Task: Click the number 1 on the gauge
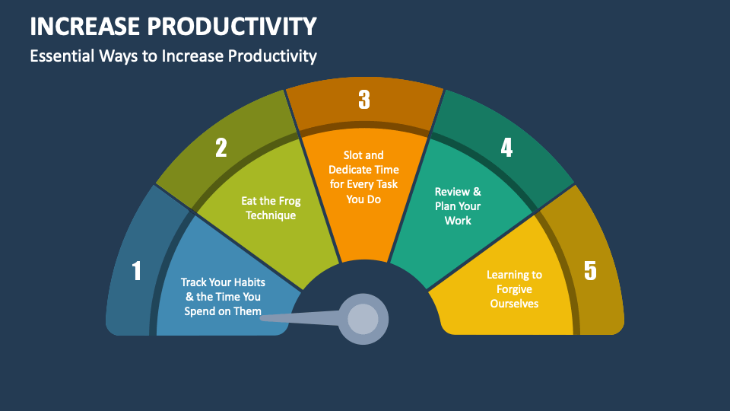[137, 271]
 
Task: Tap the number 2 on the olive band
[221, 147]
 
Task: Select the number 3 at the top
[364, 100]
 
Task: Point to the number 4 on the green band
[506, 147]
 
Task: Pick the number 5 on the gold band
[591, 271]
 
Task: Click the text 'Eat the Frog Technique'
[271, 208]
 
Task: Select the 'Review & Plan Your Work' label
[458, 205]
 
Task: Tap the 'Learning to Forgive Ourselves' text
[515, 289]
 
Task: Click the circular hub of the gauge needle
[363, 318]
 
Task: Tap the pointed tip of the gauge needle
[263, 317]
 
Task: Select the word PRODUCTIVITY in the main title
[242, 27]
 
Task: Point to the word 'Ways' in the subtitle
[116, 56]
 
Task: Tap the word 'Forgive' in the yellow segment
[515, 289]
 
